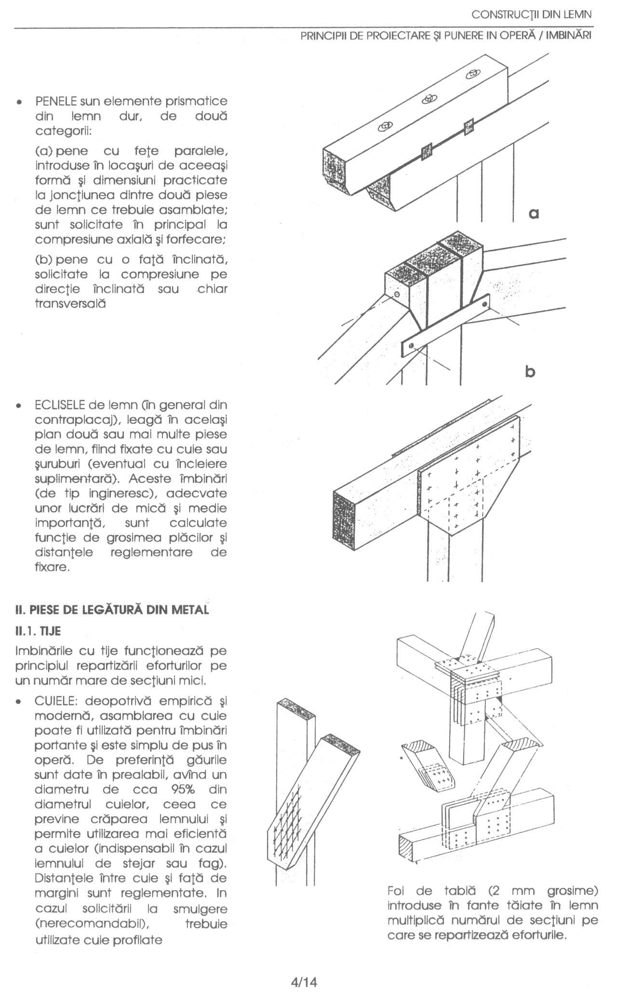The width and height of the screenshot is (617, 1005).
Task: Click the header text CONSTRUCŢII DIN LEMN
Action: tap(531, 15)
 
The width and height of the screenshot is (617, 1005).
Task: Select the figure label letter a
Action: tap(533, 213)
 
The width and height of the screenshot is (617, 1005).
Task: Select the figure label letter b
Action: tap(530, 372)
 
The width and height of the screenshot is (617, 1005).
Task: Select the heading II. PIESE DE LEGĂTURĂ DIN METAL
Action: tap(112, 610)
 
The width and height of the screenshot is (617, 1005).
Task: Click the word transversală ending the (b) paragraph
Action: tap(70, 304)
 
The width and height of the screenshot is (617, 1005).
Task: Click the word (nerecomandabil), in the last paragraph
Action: tap(91, 924)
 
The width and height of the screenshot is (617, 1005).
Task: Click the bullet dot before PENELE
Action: tap(18, 103)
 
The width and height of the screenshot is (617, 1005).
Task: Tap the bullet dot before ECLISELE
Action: tap(18, 405)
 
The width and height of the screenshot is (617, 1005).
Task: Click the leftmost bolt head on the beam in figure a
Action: tap(384, 127)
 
